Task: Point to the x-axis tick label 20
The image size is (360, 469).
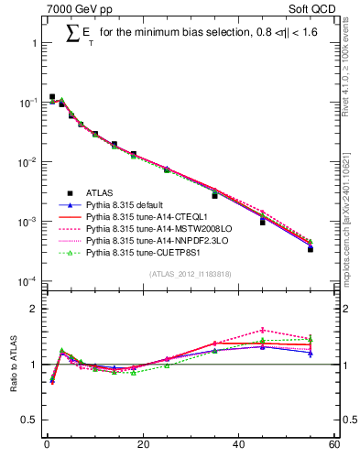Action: (x=142, y=446)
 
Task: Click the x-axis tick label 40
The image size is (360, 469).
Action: (x=238, y=446)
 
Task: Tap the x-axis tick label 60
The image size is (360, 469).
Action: (x=333, y=446)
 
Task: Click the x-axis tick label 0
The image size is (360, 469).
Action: (x=47, y=446)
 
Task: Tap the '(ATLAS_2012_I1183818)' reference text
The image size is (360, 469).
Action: (x=190, y=274)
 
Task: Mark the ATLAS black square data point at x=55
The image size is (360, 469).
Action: (x=311, y=248)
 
